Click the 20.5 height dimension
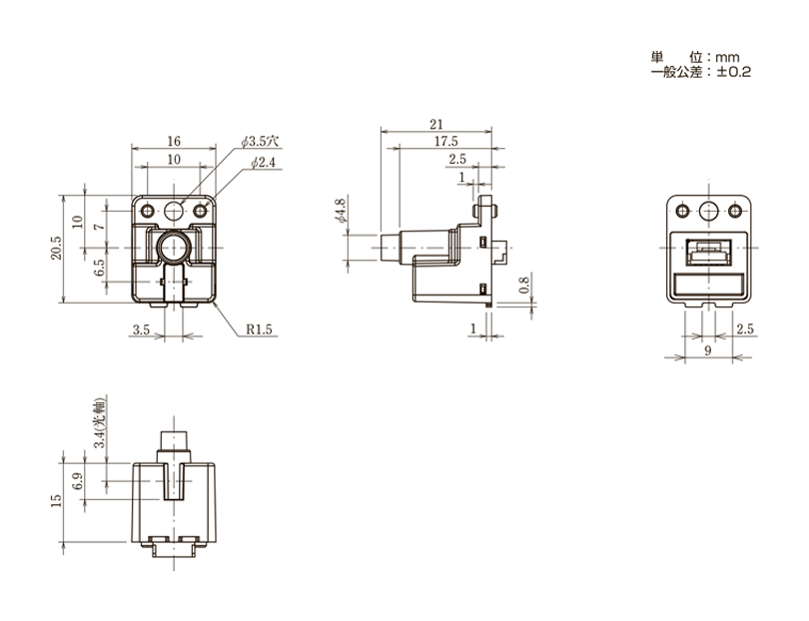pos(56,248)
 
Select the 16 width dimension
pos(174,141)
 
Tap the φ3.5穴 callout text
pos(260,142)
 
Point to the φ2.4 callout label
pos(263,163)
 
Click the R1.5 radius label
pos(259,329)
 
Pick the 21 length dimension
pos(436,125)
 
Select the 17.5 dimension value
pos(445,142)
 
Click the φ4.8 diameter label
pos(340,211)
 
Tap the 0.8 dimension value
pos(523,286)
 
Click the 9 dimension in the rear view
pos(708,350)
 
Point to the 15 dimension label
pos(56,501)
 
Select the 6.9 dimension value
pos(77,481)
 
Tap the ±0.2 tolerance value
pos(734,72)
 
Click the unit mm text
pos(727,57)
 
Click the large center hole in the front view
pos(174,211)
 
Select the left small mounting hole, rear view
pos(682,211)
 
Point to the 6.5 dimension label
pos(100,268)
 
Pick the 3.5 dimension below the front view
pos(141,329)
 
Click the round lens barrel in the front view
pos(174,248)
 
